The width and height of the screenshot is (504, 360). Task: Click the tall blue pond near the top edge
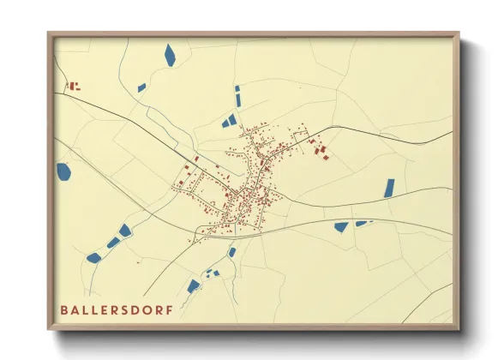(170, 55)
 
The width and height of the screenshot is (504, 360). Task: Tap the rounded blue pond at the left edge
(63, 171)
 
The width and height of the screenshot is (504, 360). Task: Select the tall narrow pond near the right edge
(389, 188)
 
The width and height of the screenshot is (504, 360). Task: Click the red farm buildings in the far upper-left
(74, 85)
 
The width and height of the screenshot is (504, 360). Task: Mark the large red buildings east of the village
(321, 151)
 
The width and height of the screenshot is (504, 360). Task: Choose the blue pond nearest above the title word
(93, 257)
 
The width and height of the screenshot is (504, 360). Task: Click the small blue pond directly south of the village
(231, 252)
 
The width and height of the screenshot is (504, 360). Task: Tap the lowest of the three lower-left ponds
(93, 257)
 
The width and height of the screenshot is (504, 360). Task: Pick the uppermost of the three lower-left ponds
(125, 230)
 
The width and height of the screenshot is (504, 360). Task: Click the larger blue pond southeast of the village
(341, 227)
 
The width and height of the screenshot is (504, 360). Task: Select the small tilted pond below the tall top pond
(141, 87)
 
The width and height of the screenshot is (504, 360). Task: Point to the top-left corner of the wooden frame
(49, 33)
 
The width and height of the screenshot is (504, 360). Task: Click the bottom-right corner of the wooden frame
(458, 329)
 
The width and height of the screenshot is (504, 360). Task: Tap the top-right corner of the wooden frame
(458, 33)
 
